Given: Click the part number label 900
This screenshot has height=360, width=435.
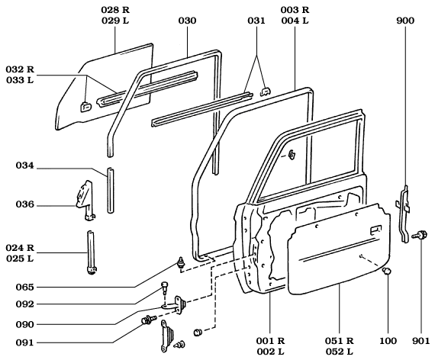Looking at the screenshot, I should [x=405, y=20].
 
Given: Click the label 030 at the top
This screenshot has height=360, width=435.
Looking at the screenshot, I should [x=187, y=20].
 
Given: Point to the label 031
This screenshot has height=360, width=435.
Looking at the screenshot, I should [x=257, y=20].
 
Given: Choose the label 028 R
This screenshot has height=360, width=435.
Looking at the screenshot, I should [x=115, y=9].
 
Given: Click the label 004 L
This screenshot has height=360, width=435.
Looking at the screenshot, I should [x=293, y=20].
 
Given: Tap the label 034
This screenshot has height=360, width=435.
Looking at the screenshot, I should [x=25, y=166].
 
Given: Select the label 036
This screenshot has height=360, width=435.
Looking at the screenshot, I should [x=25, y=204].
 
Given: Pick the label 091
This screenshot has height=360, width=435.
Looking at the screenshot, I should [x=25, y=342].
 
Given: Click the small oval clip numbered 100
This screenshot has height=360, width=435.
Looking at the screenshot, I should [x=387, y=272].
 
